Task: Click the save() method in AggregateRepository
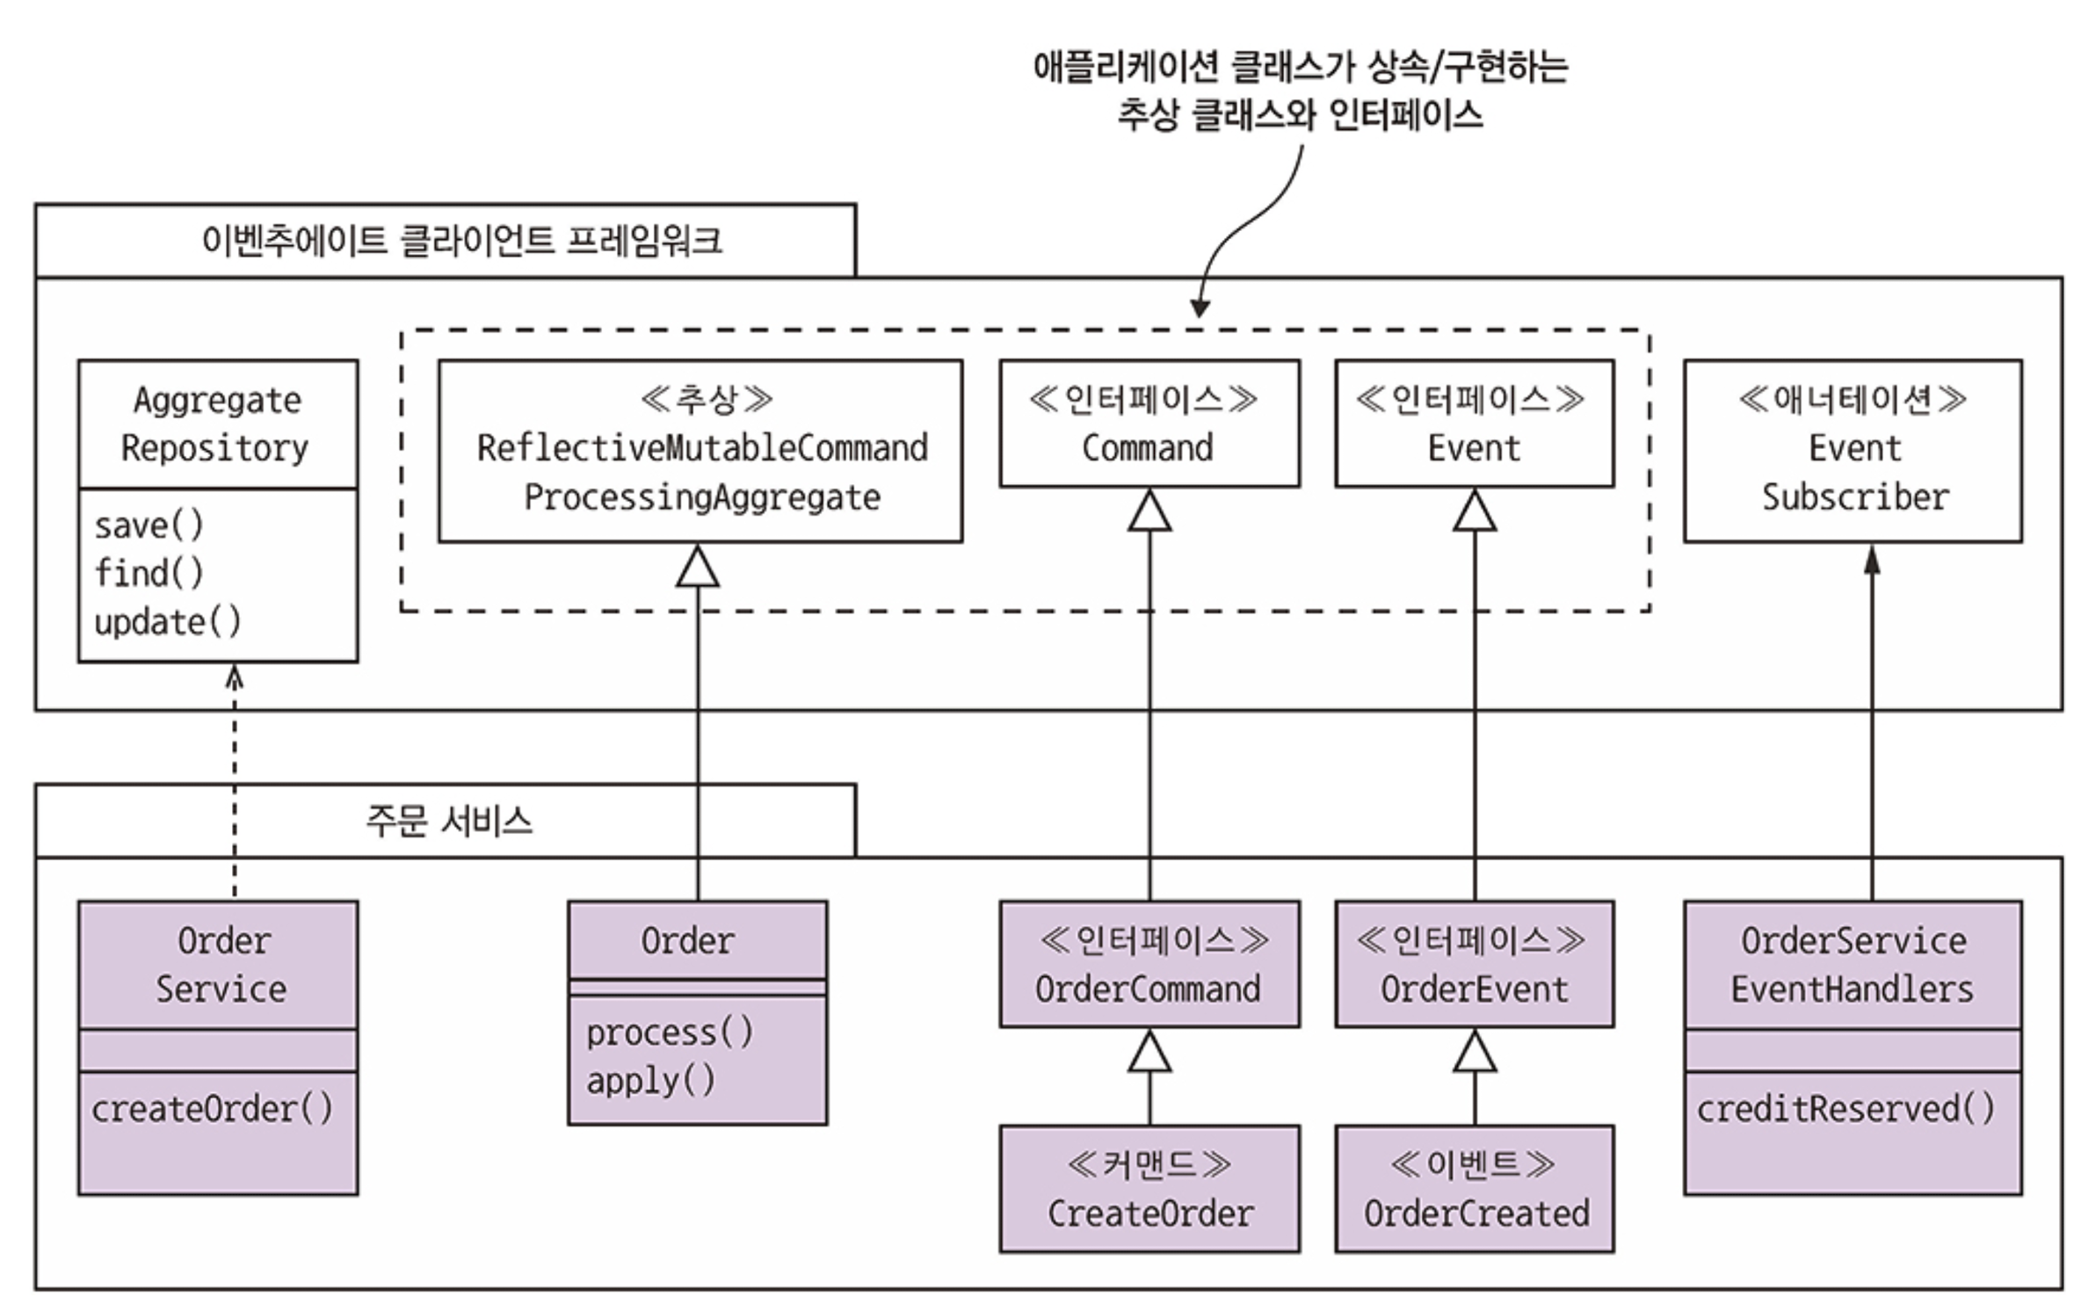[149, 525]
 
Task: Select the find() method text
[149, 573]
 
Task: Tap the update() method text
[167, 622]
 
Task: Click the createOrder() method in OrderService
[213, 1109]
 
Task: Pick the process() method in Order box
[670, 1032]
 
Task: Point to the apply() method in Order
[651, 1081]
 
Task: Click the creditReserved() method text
[1845, 1109]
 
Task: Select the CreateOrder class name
[1150, 1213]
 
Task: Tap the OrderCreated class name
[1476, 1213]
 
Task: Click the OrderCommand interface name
[1148, 989]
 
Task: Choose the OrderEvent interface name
[1474, 989]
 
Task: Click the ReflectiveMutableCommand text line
[702, 448]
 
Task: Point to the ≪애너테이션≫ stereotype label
[1853, 400]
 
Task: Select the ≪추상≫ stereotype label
[707, 400]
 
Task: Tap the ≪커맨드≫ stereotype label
[1149, 1165]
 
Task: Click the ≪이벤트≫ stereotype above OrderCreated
[1473, 1165]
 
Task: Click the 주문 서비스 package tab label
[449, 822]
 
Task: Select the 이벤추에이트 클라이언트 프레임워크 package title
[462, 241]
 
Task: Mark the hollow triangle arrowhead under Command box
[1149, 512]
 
